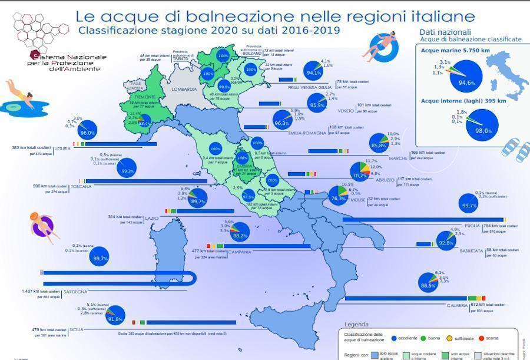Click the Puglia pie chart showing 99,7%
point(469,204)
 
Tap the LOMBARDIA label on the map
point(184,89)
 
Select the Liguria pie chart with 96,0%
point(88,129)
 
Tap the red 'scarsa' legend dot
point(481,339)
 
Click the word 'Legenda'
point(356,325)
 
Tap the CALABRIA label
point(456,305)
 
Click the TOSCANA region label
point(81,187)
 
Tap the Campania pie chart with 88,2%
point(240,232)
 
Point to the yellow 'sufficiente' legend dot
point(450,339)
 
